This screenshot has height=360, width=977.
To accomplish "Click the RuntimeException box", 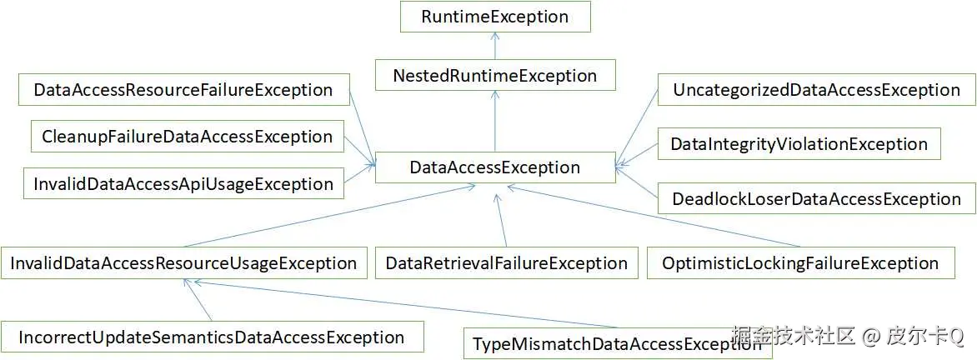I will pos(495,17).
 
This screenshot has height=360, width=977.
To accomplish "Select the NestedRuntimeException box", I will pos(495,75).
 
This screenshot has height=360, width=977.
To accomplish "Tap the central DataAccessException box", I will pos(495,167).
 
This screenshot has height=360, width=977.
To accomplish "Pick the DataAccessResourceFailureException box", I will pos(183,90).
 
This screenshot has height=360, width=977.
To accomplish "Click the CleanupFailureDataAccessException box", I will pos(187,137).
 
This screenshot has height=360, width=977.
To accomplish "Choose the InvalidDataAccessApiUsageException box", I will pos(183,183).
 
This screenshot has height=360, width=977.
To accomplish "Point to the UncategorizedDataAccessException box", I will pos(816,90).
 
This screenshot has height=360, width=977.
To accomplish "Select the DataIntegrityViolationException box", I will pos(799,144).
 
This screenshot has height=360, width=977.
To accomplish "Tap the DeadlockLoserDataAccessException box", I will pos(816,199).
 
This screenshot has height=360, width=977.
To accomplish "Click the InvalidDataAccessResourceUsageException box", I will pos(183,263).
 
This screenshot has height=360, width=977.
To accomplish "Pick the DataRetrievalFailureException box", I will pos(507,263).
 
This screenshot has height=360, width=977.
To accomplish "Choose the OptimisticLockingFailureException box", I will pos(800,263).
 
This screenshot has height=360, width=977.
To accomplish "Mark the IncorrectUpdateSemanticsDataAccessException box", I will pos(212,337).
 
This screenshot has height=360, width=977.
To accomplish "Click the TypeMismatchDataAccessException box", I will pos(617,344).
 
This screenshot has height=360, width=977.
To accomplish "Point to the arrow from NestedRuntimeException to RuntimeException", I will pos(495,46).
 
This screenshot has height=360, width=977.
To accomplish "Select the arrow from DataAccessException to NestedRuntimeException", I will pos(495,121).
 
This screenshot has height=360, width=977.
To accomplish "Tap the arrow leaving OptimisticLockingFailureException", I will pos(650,217).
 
